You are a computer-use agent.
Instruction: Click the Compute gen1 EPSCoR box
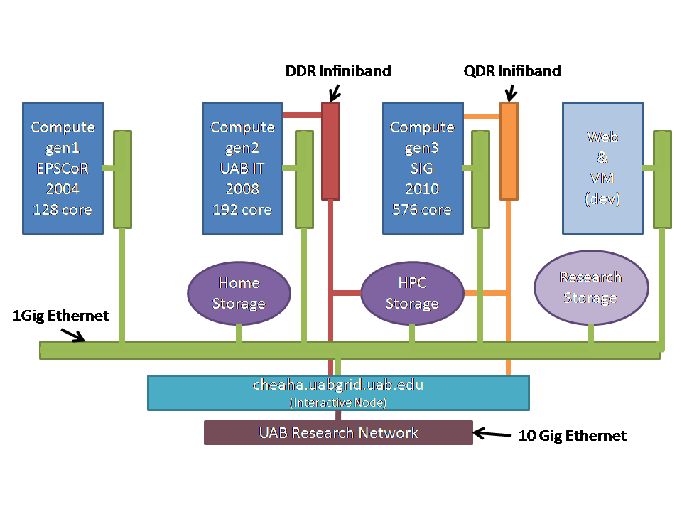click(63, 168)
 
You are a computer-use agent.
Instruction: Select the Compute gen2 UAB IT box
click(242, 168)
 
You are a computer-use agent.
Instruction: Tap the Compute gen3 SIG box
click(422, 168)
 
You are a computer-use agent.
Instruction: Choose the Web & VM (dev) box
click(602, 168)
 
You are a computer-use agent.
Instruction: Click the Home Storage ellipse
click(239, 293)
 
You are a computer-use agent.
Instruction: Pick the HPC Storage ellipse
click(412, 293)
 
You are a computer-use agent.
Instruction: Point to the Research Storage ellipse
click(591, 288)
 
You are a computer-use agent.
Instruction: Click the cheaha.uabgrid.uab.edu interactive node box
click(338, 393)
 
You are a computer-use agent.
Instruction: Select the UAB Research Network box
click(338, 432)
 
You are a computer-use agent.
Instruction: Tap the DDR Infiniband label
click(338, 71)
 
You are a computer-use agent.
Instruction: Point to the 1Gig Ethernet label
click(61, 316)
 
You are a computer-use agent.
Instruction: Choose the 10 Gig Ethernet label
click(573, 436)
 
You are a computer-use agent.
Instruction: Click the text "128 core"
click(63, 210)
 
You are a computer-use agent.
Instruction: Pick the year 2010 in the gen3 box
click(422, 189)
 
